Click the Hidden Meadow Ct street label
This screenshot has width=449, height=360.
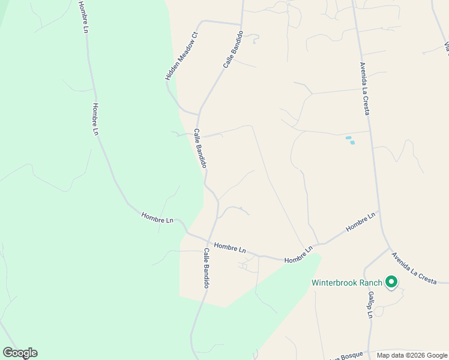tap(181, 56)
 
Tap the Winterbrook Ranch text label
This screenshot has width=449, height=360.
tap(347, 283)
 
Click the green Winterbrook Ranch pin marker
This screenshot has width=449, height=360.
tap(392, 281)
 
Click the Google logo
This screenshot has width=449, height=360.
tap(20, 353)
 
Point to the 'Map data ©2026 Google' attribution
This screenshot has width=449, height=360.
tap(412, 355)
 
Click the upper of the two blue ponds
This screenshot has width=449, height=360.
tap(348, 138)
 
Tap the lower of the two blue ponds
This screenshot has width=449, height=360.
tap(352, 143)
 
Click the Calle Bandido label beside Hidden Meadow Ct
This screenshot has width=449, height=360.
tap(233, 49)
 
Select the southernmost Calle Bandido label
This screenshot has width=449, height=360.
tap(205, 268)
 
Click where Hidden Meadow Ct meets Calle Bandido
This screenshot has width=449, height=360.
tap(199, 113)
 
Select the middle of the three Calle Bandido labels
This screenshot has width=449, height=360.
tap(200, 148)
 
